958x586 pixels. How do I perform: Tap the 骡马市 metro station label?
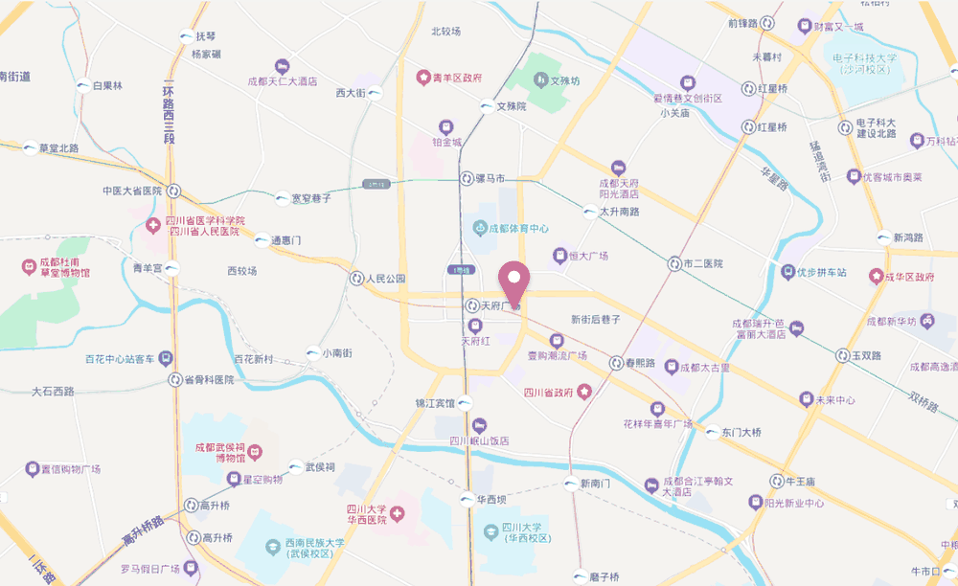[x=497, y=179]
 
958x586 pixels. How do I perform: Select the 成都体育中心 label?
[x=518, y=228]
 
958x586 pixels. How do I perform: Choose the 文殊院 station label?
[x=512, y=106]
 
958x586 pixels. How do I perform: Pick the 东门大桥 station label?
[x=741, y=433]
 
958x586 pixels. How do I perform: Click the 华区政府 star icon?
[x=875, y=277]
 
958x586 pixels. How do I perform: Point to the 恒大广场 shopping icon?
[x=560, y=256]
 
